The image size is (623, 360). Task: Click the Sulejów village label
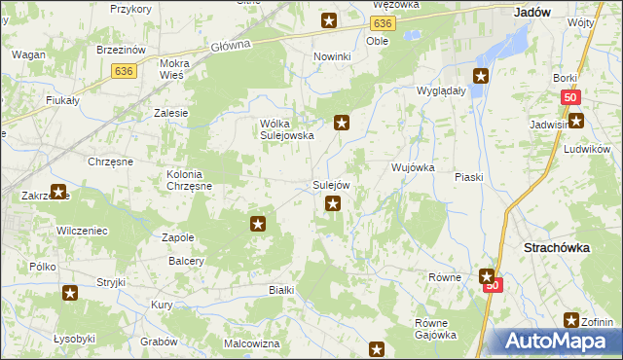(x=331, y=185)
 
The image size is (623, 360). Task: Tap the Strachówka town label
(x=557, y=248)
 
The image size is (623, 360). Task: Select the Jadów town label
(x=531, y=13)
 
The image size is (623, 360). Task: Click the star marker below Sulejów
(x=333, y=203)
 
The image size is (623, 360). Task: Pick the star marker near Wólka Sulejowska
(x=342, y=123)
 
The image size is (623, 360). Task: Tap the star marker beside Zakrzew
(x=58, y=193)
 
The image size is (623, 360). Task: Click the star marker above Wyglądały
(x=481, y=75)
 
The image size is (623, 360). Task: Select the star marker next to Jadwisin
(x=576, y=121)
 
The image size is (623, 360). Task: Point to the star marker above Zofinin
(x=572, y=320)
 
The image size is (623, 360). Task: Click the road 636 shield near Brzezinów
(x=123, y=70)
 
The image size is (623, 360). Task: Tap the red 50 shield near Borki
(x=571, y=97)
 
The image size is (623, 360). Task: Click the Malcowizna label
(x=252, y=343)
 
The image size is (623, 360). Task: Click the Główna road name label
(x=231, y=45)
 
